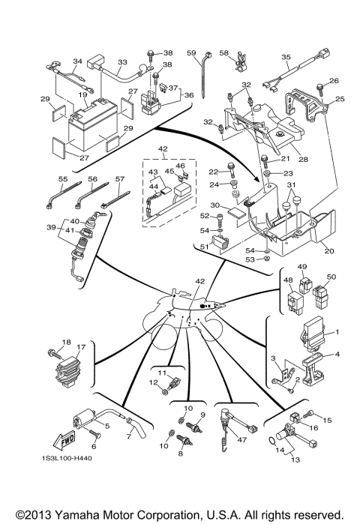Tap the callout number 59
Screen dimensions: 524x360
point(190,52)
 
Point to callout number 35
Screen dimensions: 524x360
point(286,56)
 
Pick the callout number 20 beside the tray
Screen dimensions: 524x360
point(329,252)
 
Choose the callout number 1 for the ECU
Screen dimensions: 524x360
point(337,332)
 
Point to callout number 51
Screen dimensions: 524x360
point(203,247)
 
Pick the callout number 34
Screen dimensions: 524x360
point(76,61)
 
